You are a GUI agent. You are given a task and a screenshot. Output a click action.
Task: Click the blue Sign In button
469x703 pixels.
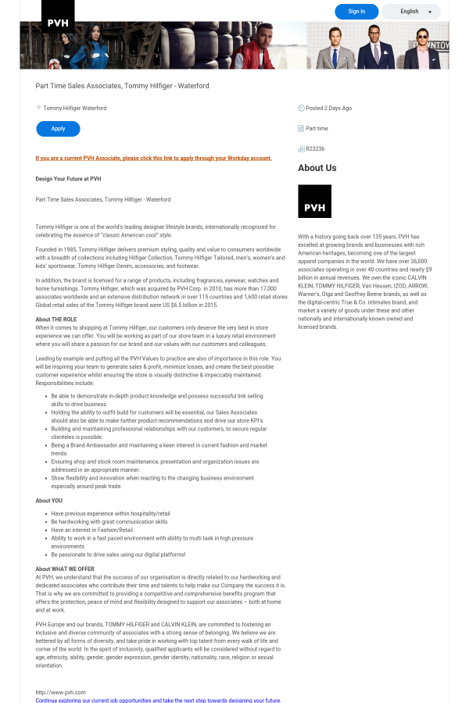pos(356,12)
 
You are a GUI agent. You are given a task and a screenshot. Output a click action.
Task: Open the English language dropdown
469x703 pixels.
pos(411,12)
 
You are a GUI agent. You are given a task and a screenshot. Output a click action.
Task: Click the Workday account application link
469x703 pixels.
pos(153,158)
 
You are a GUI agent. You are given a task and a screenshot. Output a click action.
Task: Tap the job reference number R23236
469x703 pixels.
pos(315,148)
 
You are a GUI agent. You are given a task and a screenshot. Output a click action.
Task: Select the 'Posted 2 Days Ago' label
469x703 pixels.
pos(328,108)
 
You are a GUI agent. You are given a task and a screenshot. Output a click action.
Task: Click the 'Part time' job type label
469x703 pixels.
pos(317,128)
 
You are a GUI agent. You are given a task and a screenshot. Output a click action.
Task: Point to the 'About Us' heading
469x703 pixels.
pos(317,168)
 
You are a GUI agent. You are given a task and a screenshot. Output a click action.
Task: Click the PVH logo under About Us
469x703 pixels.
pos(314,202)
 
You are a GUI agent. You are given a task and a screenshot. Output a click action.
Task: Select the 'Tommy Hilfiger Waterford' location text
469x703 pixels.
pos(74,108)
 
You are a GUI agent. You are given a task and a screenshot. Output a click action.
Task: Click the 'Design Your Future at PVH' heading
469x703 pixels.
pos(68,179)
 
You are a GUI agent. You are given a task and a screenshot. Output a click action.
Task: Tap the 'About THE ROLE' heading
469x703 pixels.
pos(56,319)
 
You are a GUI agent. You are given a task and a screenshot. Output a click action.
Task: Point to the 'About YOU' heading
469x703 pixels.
pos(48,501)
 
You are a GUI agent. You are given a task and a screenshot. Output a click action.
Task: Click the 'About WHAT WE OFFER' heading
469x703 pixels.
pos(65,569)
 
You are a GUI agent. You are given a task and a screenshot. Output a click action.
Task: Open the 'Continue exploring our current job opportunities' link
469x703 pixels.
pos(158,701)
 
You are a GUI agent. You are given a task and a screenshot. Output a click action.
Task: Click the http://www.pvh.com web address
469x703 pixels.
pos(60,692)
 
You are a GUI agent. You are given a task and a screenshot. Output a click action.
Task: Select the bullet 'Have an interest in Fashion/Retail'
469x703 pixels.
pos(91,530)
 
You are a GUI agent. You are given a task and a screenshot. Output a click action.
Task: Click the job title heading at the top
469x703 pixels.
pos(122,86)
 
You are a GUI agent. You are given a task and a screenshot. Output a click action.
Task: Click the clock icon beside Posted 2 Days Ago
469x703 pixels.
pos(301,108)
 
